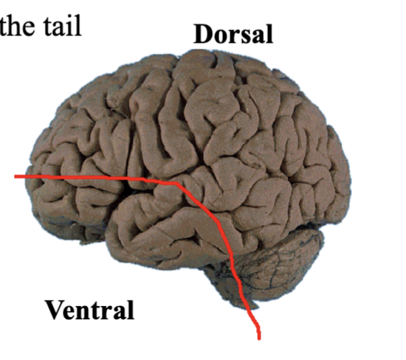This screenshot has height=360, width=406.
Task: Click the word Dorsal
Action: (x=233, y=34)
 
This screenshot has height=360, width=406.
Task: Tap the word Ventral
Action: (x=89, y=310)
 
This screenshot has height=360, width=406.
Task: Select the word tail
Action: (x=62, y=25)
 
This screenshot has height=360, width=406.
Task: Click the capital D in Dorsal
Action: (x=204, y=34)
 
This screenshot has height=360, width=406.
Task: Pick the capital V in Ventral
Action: (x=55, y=310)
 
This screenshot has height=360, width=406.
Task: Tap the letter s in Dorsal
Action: (x=244, y=37)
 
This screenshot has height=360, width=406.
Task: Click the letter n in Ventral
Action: (x=88, y=313)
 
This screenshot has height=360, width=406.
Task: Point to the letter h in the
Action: (x=15, y=25)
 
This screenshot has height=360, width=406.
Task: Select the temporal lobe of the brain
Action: (x=165, y=233)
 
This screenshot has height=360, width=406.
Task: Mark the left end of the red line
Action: (x=15, y=176)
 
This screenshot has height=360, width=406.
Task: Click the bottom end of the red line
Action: (x=259, y=339)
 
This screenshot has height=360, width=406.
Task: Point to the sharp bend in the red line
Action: (x=178, y=183)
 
